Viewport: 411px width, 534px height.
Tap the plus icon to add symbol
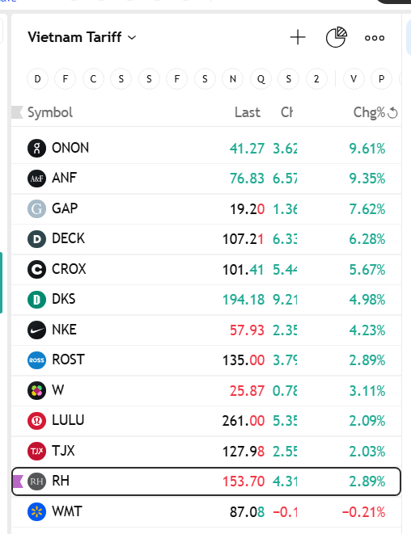(298, 37)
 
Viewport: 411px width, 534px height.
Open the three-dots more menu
(375, 37)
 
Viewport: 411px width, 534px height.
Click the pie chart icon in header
(336, 37)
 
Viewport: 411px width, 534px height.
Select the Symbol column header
(50, 112)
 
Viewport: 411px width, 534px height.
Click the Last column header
(248, 112)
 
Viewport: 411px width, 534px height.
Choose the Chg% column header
(369, 112)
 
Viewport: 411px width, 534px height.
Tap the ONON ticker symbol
(70, 148)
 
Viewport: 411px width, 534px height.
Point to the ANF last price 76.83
(248, 178)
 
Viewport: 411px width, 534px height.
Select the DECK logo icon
(37, 238)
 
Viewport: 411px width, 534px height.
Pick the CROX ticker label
(69, 269)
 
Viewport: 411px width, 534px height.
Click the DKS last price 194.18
(244, 300)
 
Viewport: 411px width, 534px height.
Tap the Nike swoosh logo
(37, 330)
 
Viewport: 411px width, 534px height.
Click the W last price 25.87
(248, 390)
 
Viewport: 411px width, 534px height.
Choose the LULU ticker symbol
(68, 420)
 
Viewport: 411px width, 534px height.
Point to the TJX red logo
(37, 451)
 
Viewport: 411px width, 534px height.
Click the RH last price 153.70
(244, 481)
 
